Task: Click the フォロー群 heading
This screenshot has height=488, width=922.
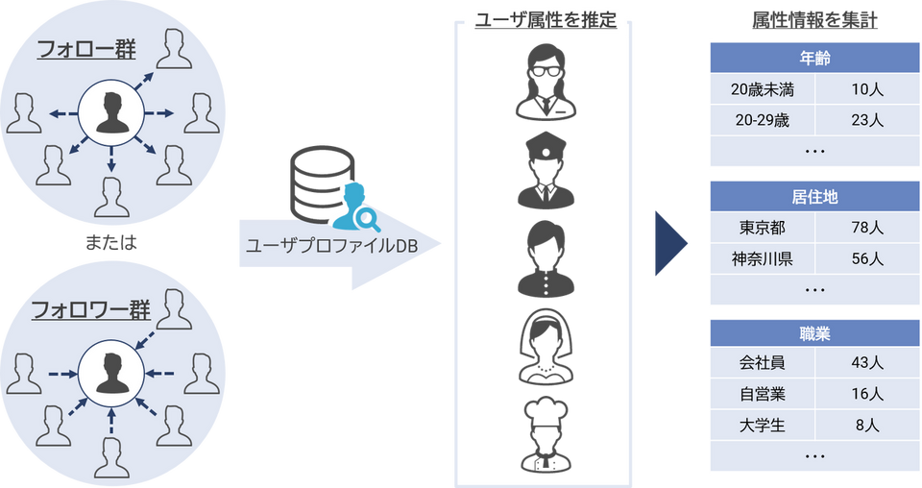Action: (x=85, y=49)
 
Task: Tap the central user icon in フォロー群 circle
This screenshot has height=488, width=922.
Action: (x=111, y=112)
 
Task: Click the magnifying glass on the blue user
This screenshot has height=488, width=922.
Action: (x=364, y=220)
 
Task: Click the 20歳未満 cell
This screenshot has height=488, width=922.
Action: (x=761, y=89)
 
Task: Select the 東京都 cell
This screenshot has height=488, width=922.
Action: (x=761, y=229)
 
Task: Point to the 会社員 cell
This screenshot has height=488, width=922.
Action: (x=761, y=363)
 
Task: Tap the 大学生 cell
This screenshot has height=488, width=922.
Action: (x=761, y=424)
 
